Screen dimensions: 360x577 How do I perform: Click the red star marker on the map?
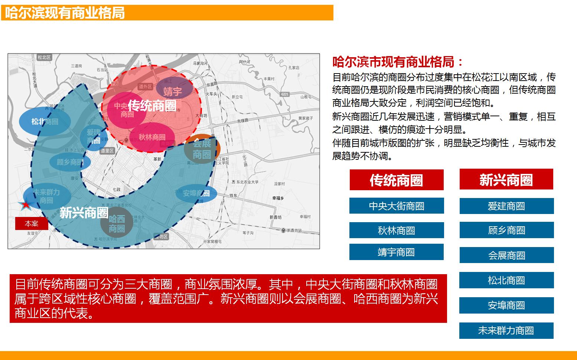pos(25,204)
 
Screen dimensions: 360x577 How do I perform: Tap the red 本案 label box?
pos(32,224)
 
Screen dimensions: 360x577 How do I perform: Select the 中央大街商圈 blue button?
pos(397,206)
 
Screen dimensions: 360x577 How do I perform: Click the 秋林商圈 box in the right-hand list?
pos(397,230)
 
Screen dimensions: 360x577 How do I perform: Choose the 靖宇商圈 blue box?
pos(396,252)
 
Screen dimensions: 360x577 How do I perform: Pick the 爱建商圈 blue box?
pos(506,206)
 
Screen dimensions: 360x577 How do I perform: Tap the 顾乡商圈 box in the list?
pos(506,230)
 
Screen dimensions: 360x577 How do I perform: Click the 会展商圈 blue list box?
pos(506,255)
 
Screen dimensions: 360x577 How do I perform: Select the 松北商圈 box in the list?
pos(506,280)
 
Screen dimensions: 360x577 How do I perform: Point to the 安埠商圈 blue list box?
pos(506,305)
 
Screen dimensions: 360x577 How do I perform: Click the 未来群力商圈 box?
pos(506,331)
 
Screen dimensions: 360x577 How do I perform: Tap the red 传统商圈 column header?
pos(397,180)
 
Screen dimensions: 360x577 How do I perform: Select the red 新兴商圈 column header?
pos(506,180)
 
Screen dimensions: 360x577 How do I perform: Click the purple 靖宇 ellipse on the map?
pos(173,90)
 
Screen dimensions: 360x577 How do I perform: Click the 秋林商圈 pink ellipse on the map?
pos(152,137)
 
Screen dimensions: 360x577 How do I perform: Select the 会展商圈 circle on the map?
pos(202,149)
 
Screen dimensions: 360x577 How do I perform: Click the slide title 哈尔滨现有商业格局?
pos(65,13)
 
